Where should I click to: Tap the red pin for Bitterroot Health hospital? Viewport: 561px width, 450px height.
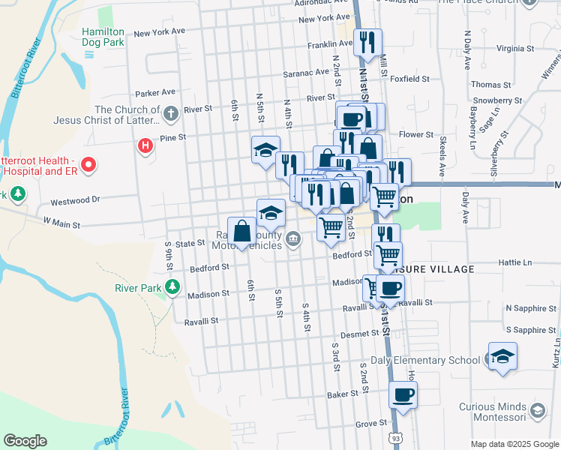coord(88,164)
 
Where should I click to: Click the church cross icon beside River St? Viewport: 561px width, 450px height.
coord(171,113)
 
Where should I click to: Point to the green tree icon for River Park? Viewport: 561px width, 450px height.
coord(172,287)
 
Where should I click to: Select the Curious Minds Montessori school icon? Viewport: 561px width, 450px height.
coord(537,410)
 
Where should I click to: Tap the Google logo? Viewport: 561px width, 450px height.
coord(25,440)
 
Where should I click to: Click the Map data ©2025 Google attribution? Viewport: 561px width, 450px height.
coord(514,444)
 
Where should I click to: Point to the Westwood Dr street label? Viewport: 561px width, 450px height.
coord(75,201)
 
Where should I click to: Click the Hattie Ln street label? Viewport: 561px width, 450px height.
coord(517,263)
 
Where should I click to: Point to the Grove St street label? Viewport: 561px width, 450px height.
coord(371,424)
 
